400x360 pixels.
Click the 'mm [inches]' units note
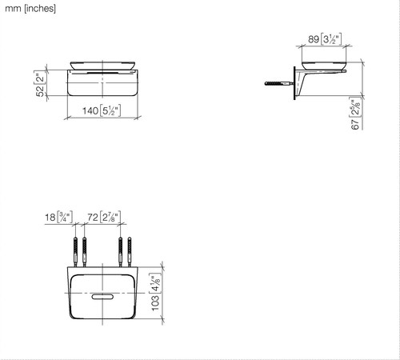(30, 9)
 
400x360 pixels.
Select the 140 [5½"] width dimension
(102, 110)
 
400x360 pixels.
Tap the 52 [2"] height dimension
(40, 83)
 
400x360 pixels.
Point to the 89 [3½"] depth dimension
(325, 39)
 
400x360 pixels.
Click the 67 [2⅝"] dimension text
(356, 113)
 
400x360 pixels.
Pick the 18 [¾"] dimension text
(58, 217)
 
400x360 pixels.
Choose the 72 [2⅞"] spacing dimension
(104, 217)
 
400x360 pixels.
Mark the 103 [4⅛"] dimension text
(156, 292)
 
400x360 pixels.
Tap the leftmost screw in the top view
(75, 252)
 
